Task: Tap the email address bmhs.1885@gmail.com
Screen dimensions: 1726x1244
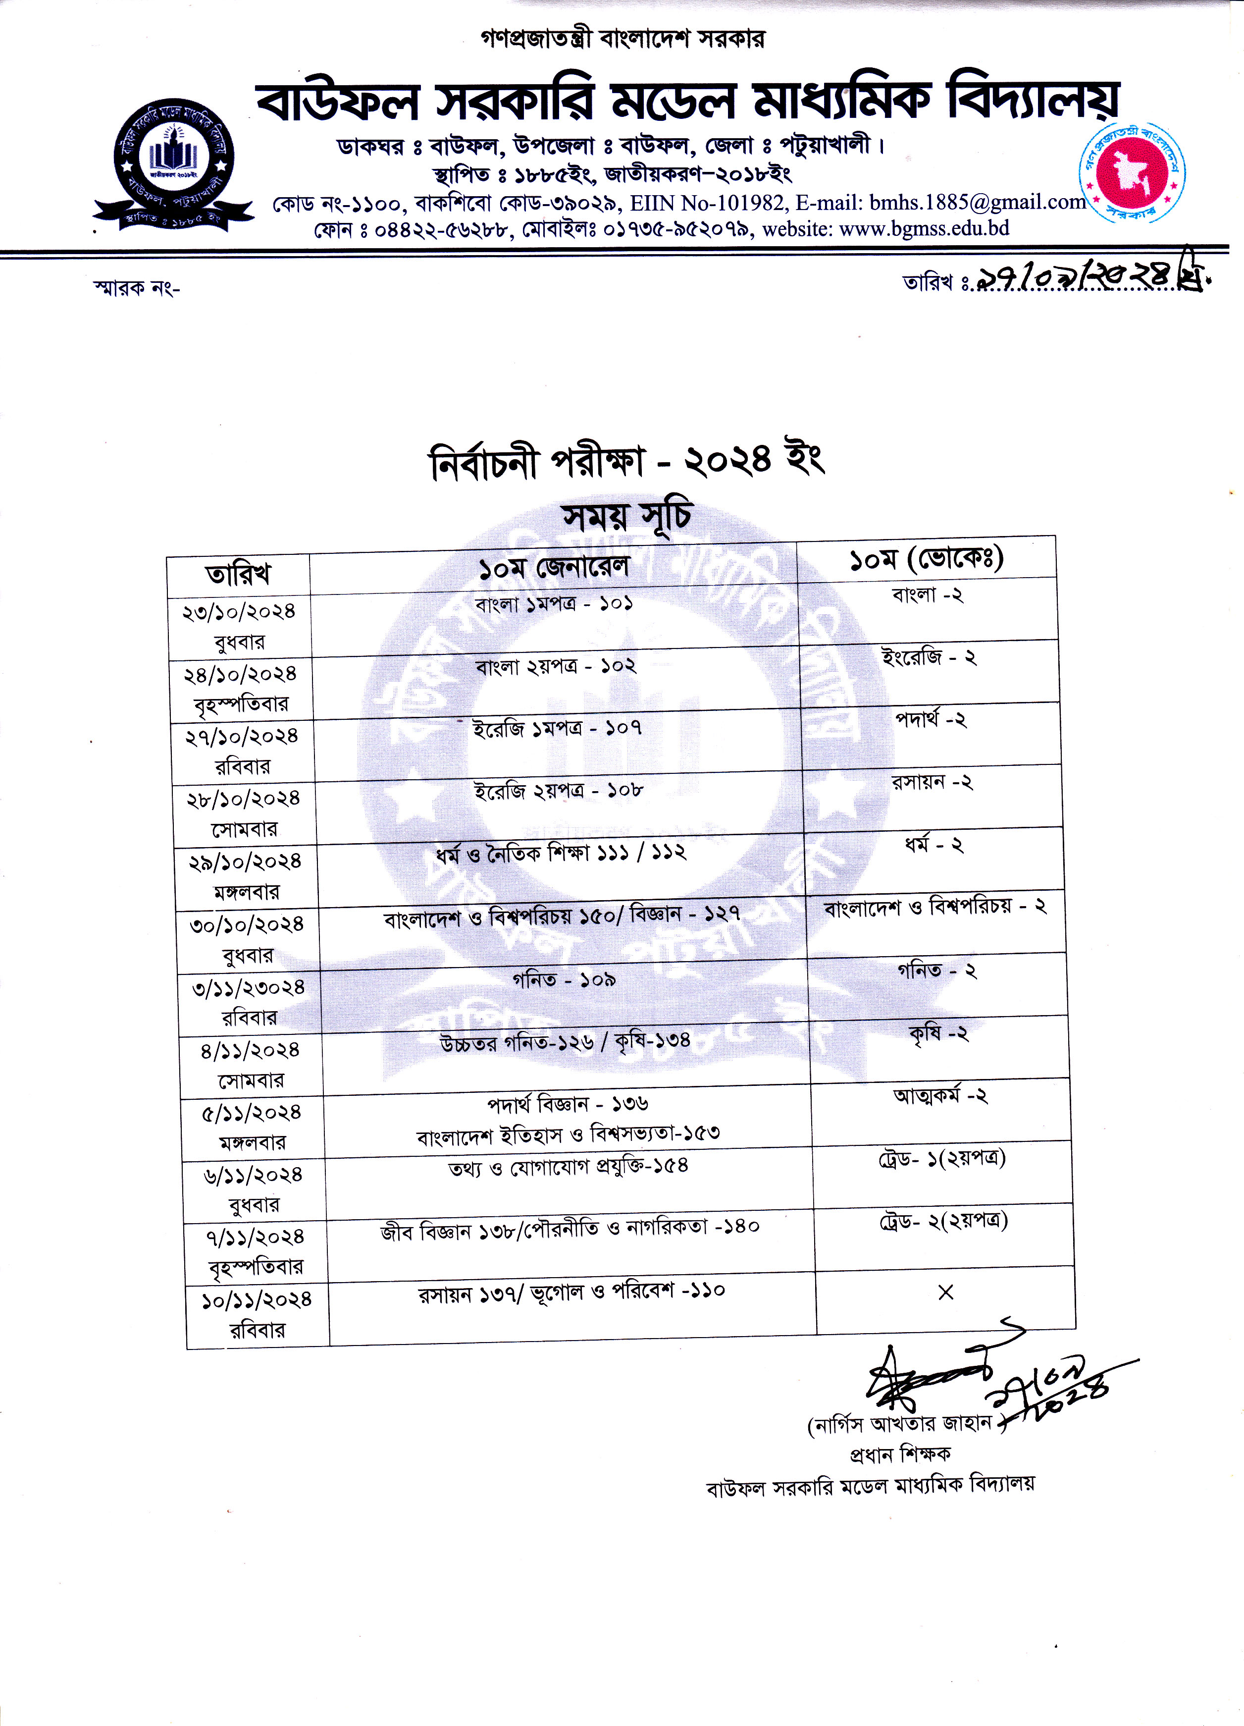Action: pos(978,203)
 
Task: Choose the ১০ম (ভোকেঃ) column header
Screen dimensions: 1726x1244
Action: pos(926,559)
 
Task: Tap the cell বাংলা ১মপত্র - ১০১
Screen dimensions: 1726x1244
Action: pos(553,605)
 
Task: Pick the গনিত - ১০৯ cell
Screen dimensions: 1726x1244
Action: pos(564,980)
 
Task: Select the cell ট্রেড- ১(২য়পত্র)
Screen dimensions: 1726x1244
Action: pos(942,1158)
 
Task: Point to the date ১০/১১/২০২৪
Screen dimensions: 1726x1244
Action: pos(257,1300)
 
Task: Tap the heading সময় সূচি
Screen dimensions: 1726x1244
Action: pos(626,517)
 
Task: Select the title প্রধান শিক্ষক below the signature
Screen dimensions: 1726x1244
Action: pos(900,1455)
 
